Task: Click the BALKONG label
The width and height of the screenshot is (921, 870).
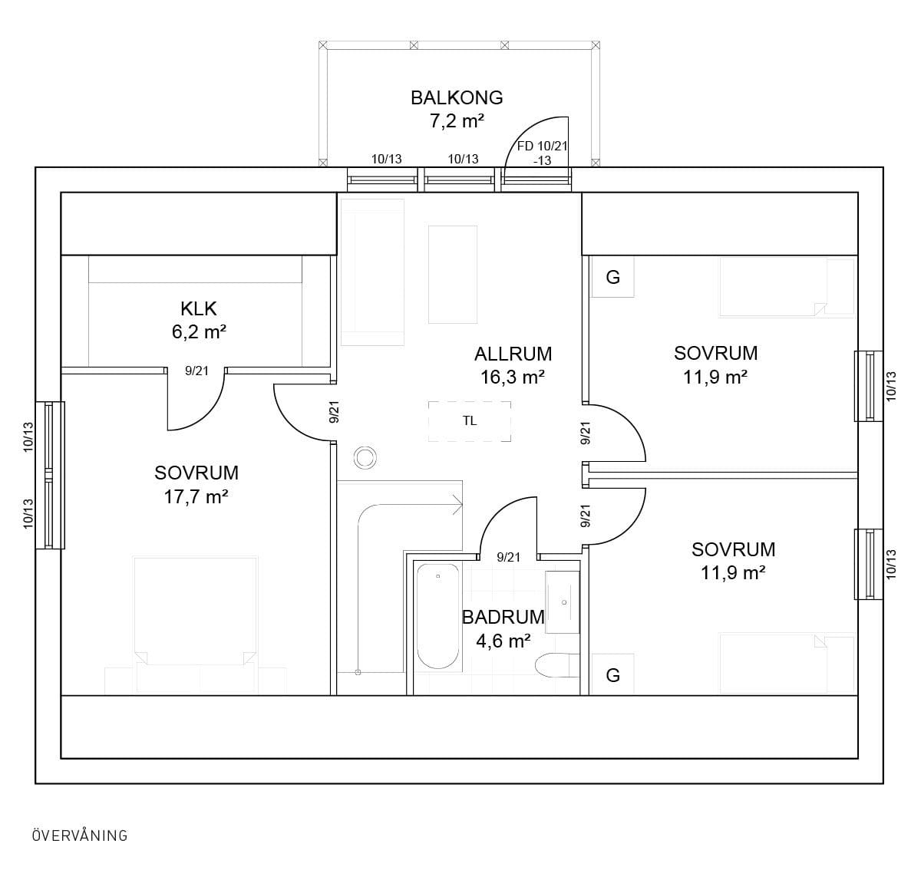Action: (x=457, y=98)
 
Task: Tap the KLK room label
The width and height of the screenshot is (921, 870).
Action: (x=199, y=309)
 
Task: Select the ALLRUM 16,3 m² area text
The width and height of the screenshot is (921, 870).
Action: (x=513, y=366)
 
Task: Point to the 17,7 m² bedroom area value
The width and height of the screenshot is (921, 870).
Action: (x=196, y=497)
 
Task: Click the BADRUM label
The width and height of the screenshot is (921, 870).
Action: (x=503, y=618)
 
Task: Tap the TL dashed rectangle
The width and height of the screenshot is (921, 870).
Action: (x=469, y=421)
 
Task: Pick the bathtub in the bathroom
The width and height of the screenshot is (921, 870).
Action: (x=438, y=616)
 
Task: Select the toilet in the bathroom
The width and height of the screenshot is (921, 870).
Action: (x=557, y=665)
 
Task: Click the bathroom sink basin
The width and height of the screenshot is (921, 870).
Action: (x=563, y=602)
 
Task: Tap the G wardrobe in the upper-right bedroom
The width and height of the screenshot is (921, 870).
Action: (x=612, y=277)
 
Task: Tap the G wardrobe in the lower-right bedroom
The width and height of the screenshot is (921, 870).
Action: (x=612, y=675)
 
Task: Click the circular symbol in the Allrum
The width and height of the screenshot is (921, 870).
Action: (x=365, y=458)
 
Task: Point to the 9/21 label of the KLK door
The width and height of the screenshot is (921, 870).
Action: (x=196, y=371)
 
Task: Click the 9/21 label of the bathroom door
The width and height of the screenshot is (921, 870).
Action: (x=508, y=558)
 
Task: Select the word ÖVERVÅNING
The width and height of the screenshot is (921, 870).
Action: (x=80, y=835)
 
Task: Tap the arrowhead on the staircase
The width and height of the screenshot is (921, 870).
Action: (x=457, y=505)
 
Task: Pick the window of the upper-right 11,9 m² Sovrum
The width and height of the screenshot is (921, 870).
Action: (x=869, y=386)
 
